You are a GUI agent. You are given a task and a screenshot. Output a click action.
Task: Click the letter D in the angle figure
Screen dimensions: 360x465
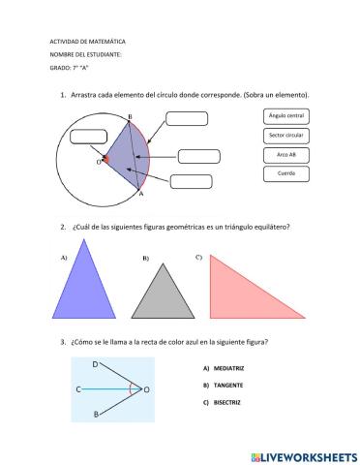94,364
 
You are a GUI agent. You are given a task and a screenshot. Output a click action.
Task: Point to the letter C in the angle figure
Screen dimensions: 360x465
77,389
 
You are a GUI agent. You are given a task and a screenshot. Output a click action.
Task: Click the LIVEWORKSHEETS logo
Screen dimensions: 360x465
303,454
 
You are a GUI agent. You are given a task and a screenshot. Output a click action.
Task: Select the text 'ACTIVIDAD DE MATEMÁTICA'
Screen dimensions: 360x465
87,43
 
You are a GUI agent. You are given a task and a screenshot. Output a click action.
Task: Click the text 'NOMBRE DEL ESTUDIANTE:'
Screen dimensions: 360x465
87,55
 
